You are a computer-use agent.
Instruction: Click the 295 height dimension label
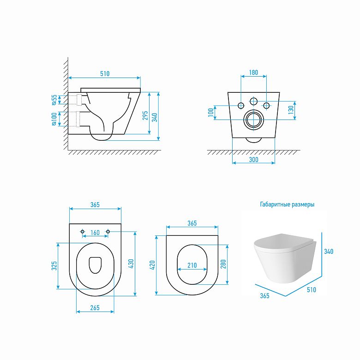pos(145,116)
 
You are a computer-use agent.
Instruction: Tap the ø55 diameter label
pos(54,100)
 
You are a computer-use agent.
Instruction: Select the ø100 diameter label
pos(54,119)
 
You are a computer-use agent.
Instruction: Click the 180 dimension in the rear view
pos(253,72)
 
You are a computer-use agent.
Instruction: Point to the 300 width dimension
pos(253,160)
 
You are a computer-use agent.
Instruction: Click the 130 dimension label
pos(291,110)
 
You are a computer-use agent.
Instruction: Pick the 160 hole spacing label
pos(95,233)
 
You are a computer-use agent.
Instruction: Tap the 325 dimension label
pos(54,266)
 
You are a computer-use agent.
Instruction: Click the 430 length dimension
pos(131,264)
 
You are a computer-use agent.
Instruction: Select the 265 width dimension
pos(95,308)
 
